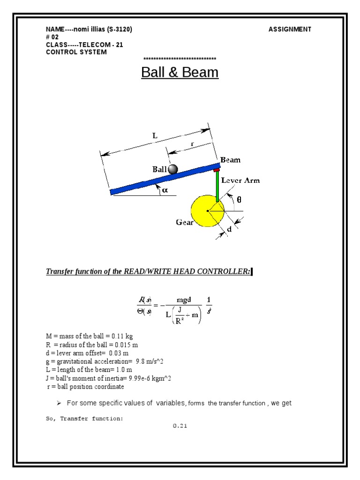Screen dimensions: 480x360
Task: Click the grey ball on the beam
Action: click(173, 169)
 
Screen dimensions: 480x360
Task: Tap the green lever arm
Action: click(217, 187)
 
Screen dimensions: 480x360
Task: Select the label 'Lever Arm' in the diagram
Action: click(240, 180)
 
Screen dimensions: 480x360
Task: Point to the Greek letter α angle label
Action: click(165, 190)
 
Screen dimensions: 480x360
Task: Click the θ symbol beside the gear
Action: click(239, 199)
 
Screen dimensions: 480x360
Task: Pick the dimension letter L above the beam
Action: click(155, 135)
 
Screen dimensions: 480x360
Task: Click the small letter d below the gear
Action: click(229, 229)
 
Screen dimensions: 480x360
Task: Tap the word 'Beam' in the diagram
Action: click(231, 160)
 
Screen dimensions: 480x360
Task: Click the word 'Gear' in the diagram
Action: click(185, 223)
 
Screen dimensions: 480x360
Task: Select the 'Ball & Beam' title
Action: click(180, 73)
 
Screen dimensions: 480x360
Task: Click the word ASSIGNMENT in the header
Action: click(290, 30)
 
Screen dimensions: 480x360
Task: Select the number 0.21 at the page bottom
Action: click(180, 426)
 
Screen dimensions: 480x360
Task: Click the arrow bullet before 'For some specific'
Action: click(60, 403)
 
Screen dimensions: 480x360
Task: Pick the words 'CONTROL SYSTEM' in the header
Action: click(76, 52)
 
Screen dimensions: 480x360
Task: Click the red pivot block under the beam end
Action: click(217, 170)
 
